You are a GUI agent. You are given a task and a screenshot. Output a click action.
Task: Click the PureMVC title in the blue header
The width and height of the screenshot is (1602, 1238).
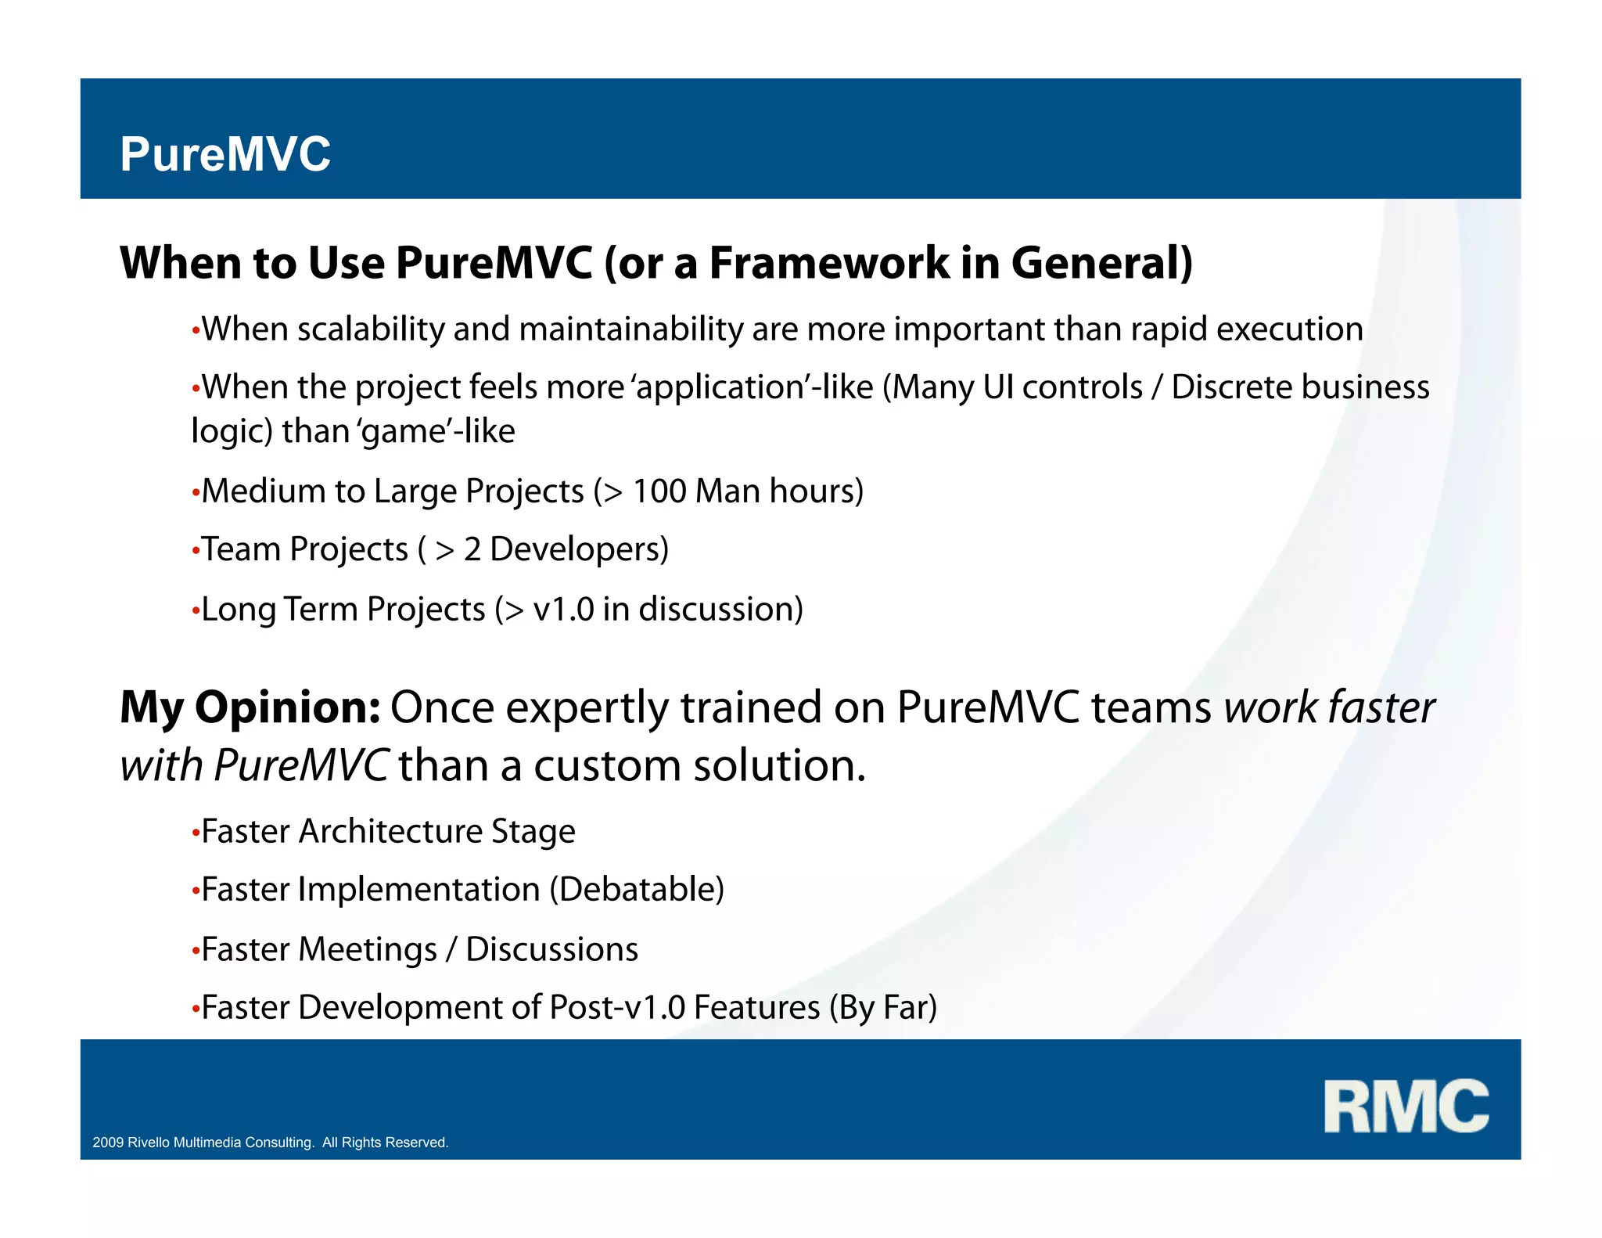[225, 154]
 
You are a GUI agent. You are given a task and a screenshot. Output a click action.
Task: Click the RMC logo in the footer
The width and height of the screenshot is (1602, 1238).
[1406, 1106]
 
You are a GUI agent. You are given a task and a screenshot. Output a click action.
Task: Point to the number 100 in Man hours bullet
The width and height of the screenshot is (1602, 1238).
[659, 491]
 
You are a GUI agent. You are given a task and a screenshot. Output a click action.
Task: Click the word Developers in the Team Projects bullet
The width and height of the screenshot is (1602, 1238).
[579, 549]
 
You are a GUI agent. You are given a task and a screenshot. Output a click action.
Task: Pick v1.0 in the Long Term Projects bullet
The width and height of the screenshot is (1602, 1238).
[563, 610]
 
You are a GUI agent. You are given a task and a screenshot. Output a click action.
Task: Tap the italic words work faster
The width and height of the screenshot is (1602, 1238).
[1329, 707]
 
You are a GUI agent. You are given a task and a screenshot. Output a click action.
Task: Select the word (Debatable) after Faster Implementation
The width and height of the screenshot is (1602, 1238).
[637, 890]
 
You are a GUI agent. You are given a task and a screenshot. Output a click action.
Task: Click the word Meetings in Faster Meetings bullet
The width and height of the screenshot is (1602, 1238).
[367, 949]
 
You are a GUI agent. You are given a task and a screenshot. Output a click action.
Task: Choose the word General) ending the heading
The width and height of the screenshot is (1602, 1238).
[1101, 263]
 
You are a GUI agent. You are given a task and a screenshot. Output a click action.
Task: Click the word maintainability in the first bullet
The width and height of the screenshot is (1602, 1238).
[630, 329]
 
